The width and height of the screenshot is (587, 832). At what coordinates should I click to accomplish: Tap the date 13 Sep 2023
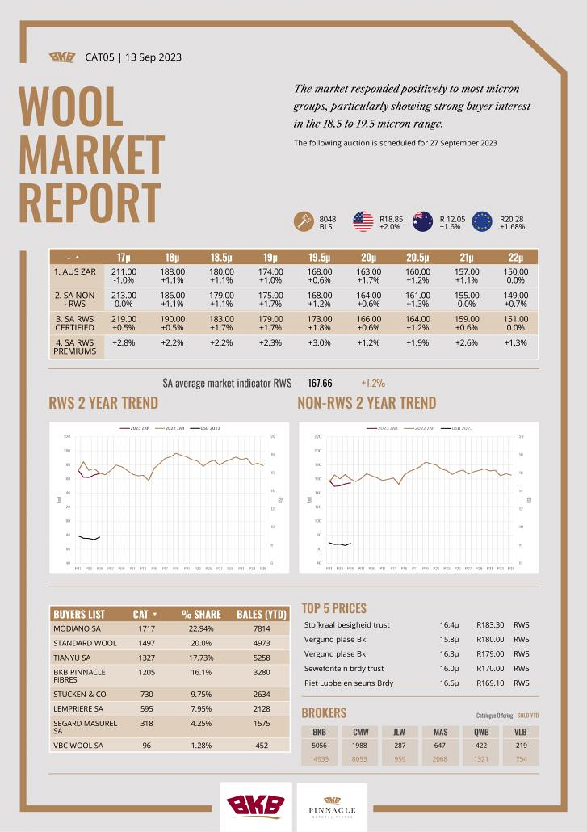153,57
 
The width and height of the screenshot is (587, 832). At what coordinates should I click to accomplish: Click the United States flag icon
363,221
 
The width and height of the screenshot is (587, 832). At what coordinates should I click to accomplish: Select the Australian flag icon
422,221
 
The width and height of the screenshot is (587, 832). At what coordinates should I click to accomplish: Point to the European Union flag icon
482,221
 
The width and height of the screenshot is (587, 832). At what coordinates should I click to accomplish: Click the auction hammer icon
304,221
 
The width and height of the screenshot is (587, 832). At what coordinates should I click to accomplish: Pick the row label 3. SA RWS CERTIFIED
74,323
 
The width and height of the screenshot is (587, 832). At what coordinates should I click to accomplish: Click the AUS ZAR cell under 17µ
124,276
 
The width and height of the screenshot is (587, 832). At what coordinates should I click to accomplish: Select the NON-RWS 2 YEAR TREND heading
367,403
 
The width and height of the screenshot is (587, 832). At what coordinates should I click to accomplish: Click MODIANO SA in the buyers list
78,628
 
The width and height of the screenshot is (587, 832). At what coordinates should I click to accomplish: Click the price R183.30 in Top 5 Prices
490,624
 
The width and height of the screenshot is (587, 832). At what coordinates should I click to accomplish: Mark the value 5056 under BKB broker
320,746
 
